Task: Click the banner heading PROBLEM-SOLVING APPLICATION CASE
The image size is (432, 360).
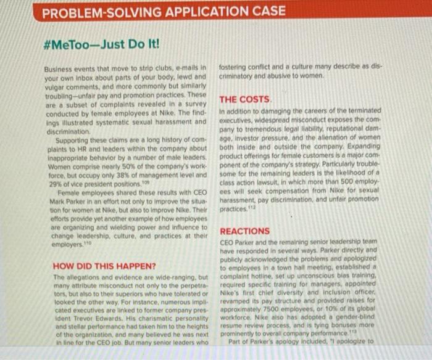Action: click(x=164, y=11)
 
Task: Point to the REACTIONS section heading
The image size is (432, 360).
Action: click(x=245, y=231)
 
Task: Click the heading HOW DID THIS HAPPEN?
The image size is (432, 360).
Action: click(x=96, y=266)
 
